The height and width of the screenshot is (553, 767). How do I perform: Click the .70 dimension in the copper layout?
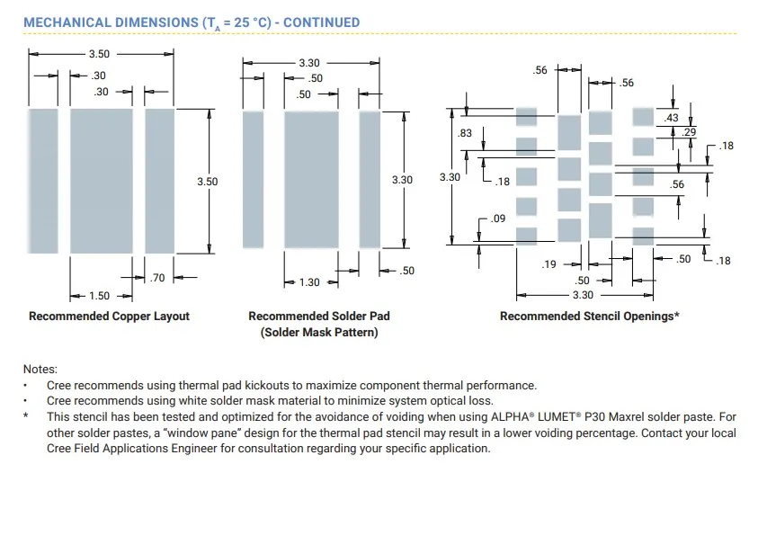[x=157, y=278]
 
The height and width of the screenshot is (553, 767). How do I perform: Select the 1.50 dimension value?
[x=99, y=296]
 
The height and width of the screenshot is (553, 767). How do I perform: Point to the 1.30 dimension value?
[x=309, y=282]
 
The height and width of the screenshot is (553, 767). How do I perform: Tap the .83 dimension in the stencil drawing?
[x=465, y=133]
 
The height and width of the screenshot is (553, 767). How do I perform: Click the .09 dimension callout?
[x=498, y=219]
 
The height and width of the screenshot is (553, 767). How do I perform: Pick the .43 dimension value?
[x=672, y=118]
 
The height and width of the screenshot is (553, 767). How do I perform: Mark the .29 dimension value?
[x=689, y=132]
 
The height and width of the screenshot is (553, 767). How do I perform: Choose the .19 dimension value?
[x=548, y=264]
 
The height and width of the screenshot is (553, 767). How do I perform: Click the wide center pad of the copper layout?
[x=102, y=181]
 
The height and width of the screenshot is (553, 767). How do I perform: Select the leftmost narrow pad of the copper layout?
[x=43, y=181]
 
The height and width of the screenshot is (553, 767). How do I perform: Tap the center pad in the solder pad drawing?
[x=311, y=180]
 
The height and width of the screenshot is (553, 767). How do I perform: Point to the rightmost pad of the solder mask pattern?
[x=370, y=180]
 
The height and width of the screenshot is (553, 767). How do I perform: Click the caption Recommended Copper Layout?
[x=109, y=317]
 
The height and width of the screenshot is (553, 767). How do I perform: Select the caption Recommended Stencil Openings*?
[x=590, y=317]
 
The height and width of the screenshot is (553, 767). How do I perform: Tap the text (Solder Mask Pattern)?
[x=319, y=333]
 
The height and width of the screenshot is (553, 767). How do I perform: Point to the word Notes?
[x=40, y=370]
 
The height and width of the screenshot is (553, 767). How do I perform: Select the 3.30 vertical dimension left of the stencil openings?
[x=450, y=177]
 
